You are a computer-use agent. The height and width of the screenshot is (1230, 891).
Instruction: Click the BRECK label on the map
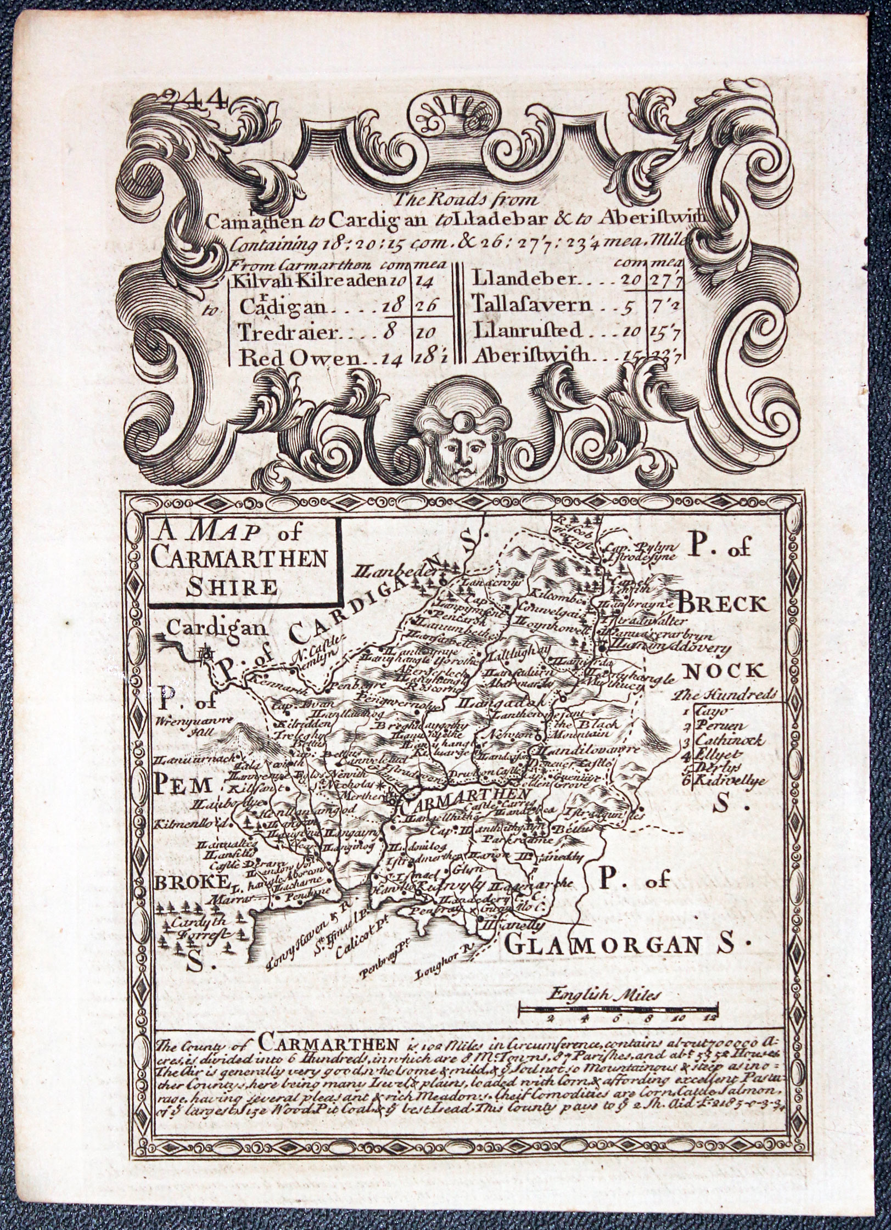[722, 604]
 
